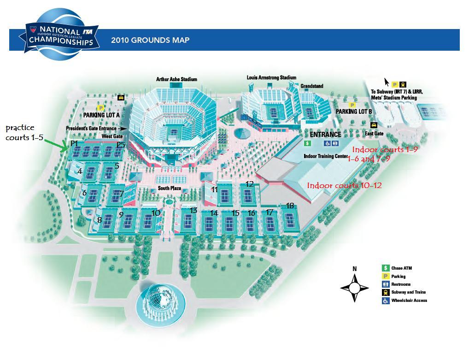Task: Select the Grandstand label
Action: pos(312,86)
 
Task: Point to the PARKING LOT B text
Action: pos(354,112)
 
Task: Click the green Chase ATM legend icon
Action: pos(385,268)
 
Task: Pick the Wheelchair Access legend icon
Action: pos(385,301)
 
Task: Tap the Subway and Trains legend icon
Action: pos(385,292)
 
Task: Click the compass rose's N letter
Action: pos(354,269)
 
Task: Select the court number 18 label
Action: pos(290,205)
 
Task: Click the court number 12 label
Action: pos(249,184)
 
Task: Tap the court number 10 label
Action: pos(156,213)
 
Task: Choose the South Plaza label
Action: pos(168,189)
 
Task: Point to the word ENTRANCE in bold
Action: pos(325,135)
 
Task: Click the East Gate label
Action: pos(374,134)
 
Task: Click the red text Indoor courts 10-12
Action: pos(344,185)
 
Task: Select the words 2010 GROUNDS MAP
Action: pos(150,40)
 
